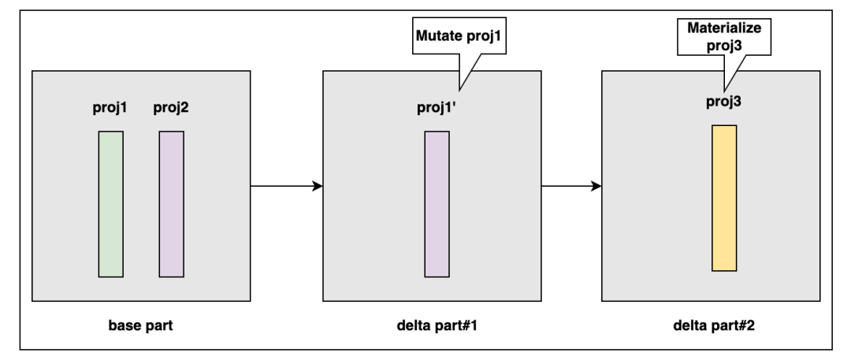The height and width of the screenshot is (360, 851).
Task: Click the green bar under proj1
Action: click(x=111, y=204)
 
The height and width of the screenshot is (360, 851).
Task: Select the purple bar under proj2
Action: click(x=171, y=204)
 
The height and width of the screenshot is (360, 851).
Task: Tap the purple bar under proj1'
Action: click(x=437, y=204)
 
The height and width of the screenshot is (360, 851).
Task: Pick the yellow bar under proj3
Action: click(x=724, y=198)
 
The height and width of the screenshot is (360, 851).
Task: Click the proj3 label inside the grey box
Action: click(x=724, y=102)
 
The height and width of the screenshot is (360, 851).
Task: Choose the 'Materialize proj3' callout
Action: click(x=725, y=35)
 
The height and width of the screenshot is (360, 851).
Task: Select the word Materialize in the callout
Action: click(x=725, y=28)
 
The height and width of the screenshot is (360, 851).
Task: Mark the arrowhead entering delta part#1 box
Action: click(x=318, y=187)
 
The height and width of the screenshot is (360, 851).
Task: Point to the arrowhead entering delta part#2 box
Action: click(x=596, y=187)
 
